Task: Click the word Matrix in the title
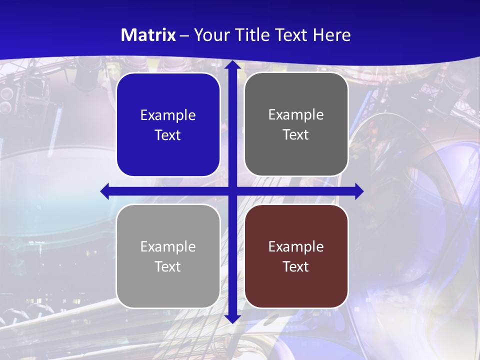(148, 35)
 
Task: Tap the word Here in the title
(332, 35)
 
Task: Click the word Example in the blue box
(168, 115)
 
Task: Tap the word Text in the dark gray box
(296, 135)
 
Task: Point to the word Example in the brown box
(296, 246)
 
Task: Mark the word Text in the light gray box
(168, 266)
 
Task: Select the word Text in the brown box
(296, 266)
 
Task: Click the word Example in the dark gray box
(296, 114)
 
